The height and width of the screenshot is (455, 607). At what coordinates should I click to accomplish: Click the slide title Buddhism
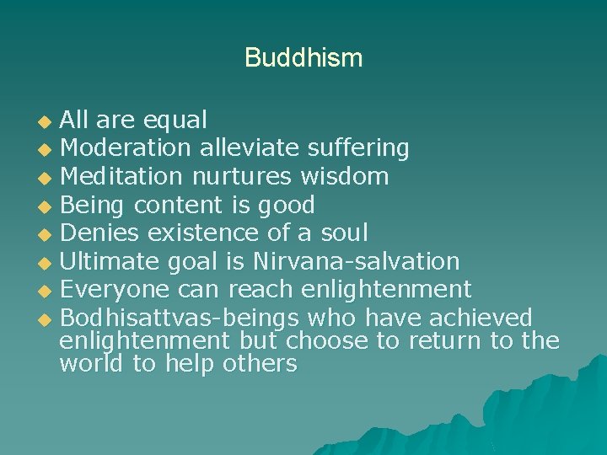click(303, 58)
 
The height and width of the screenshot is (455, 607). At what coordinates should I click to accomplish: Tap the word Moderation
click(126, 148)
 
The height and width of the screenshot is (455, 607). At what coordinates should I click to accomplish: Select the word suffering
click(357, 149)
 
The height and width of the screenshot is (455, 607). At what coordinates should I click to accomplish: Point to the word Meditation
click(121, 176)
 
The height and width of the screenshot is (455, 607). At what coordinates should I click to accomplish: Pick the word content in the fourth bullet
click(177, 205)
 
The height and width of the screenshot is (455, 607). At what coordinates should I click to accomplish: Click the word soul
click(341, 233)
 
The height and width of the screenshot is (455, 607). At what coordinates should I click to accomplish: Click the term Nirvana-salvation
click(357, 261)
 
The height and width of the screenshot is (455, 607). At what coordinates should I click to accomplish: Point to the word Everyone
click(114, 290)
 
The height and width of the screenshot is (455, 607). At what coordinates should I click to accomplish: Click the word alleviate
click(249, 148)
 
